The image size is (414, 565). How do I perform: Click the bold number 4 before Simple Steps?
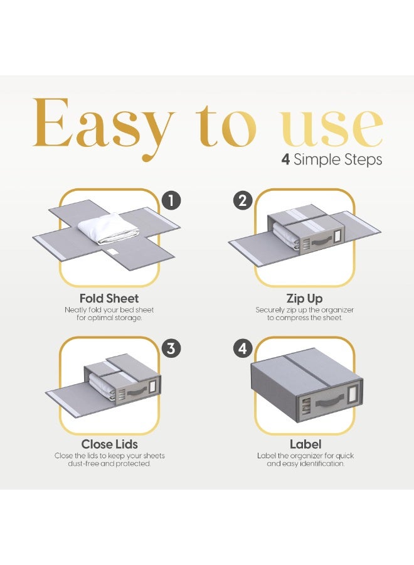[285, 159]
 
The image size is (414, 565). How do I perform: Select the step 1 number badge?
[171, 201]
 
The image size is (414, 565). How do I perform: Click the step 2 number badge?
[243, 201]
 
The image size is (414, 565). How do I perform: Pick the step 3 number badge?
[171, 348]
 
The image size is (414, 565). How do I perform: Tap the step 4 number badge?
[243, 348]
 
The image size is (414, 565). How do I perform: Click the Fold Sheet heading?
[109, 298]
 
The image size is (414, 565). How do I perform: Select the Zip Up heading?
[304, 298]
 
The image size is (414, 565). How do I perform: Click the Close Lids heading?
[109, 444]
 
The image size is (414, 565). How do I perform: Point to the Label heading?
[305, 444]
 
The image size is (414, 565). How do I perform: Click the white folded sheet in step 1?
[108, 226]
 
